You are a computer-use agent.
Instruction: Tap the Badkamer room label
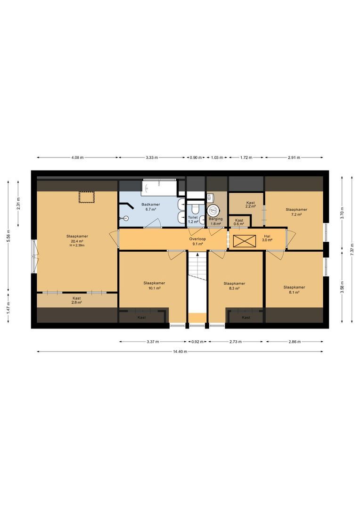[151, 207]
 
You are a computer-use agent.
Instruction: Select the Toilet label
[193, 220]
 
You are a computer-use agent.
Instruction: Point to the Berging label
[216, 221]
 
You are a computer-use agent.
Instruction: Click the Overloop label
[197, 241]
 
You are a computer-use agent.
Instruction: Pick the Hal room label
[267, 238]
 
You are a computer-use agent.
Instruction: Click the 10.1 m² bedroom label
[154, 285]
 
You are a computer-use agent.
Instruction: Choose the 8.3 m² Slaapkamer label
[234, 286]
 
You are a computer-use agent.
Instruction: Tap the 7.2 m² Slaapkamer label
[296, 212]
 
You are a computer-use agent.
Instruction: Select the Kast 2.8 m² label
[77, 300]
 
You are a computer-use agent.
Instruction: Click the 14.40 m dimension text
[180, 352]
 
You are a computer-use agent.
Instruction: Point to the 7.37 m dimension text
[352, 249]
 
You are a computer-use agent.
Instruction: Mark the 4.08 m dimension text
[77, 158]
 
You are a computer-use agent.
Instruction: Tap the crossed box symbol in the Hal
[245, 241]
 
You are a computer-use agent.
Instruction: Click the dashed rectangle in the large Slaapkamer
[87, 197]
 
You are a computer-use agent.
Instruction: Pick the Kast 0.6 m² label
[239, 222]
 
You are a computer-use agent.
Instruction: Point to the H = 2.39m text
[77, 246]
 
